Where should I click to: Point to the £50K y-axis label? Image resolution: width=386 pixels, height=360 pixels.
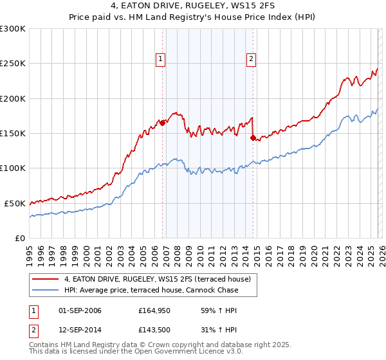(14, 203)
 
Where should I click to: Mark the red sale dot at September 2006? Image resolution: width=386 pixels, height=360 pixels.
(162, 123)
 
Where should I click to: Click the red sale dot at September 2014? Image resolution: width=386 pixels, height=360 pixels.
(253, 138)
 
